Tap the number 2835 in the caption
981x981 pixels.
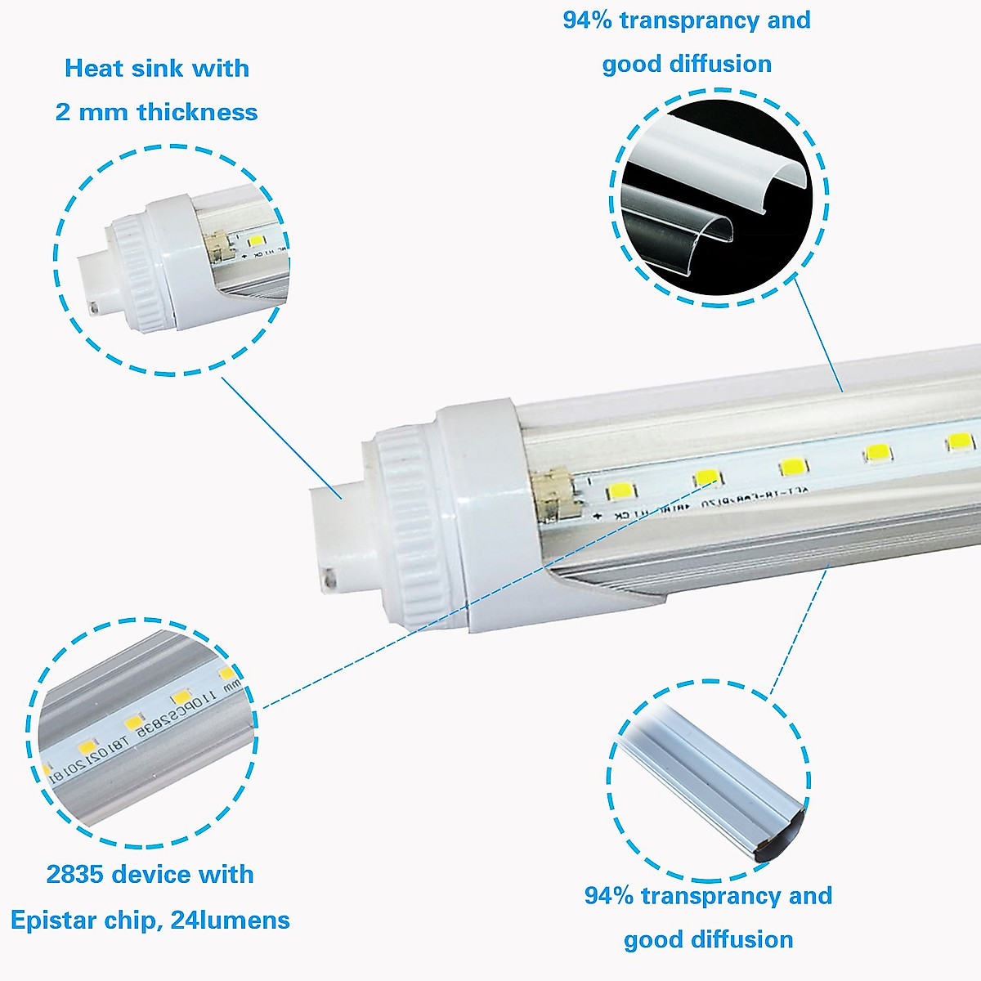coord(74,874)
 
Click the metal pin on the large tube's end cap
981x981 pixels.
coord(329,577)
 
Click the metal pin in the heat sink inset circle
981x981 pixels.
coord(94,309)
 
